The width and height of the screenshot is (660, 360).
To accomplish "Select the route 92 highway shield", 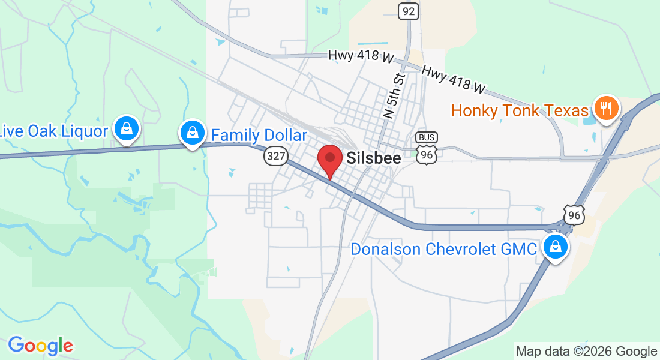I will [x=409, y=11].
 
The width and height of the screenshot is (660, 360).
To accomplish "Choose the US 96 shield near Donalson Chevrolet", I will [x=574, y=214].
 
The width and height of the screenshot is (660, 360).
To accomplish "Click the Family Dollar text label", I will [x=259, y=135].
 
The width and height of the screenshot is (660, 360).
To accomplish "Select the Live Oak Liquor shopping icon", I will [x=127, y=128].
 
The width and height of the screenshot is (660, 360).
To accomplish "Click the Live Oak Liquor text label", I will [x=54, y=131].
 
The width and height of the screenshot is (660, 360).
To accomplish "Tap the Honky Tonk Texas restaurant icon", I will [x=607, y=109].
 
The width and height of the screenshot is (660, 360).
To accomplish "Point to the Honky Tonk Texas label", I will [x=520, y=111].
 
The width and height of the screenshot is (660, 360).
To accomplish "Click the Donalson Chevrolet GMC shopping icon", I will [x=556, y=247].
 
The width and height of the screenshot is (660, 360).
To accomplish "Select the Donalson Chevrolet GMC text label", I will [x=443, y=249].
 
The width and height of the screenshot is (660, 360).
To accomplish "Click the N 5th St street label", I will [x=395, y=95].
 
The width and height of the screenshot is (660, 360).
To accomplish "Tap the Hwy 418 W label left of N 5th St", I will [x=361, y=56].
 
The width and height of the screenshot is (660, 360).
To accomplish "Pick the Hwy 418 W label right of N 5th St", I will [x=453, y=79].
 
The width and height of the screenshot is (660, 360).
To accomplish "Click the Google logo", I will [x=40, y=346].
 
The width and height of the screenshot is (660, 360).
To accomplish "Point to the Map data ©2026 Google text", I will [x=586, y=352].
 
